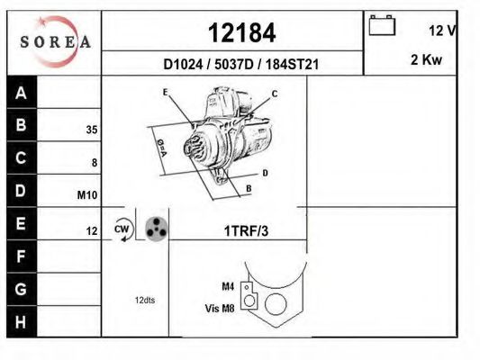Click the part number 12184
point(241,32)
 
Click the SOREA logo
point(56,41)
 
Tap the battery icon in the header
point(383,26)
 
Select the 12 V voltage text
point(442,31)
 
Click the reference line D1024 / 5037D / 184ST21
point(241,65)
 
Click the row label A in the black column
point(23,93)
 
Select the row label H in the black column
point(23,320)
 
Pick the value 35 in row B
point(91,130)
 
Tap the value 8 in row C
point(94,163)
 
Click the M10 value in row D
point(87,195)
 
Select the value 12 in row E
point(91,231)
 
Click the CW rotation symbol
point(122,229)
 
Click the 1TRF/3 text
point(246,231)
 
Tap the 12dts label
point(144,300)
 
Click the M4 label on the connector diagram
point(227,286)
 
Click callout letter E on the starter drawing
point(166,92)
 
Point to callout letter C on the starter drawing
point(275,94)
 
